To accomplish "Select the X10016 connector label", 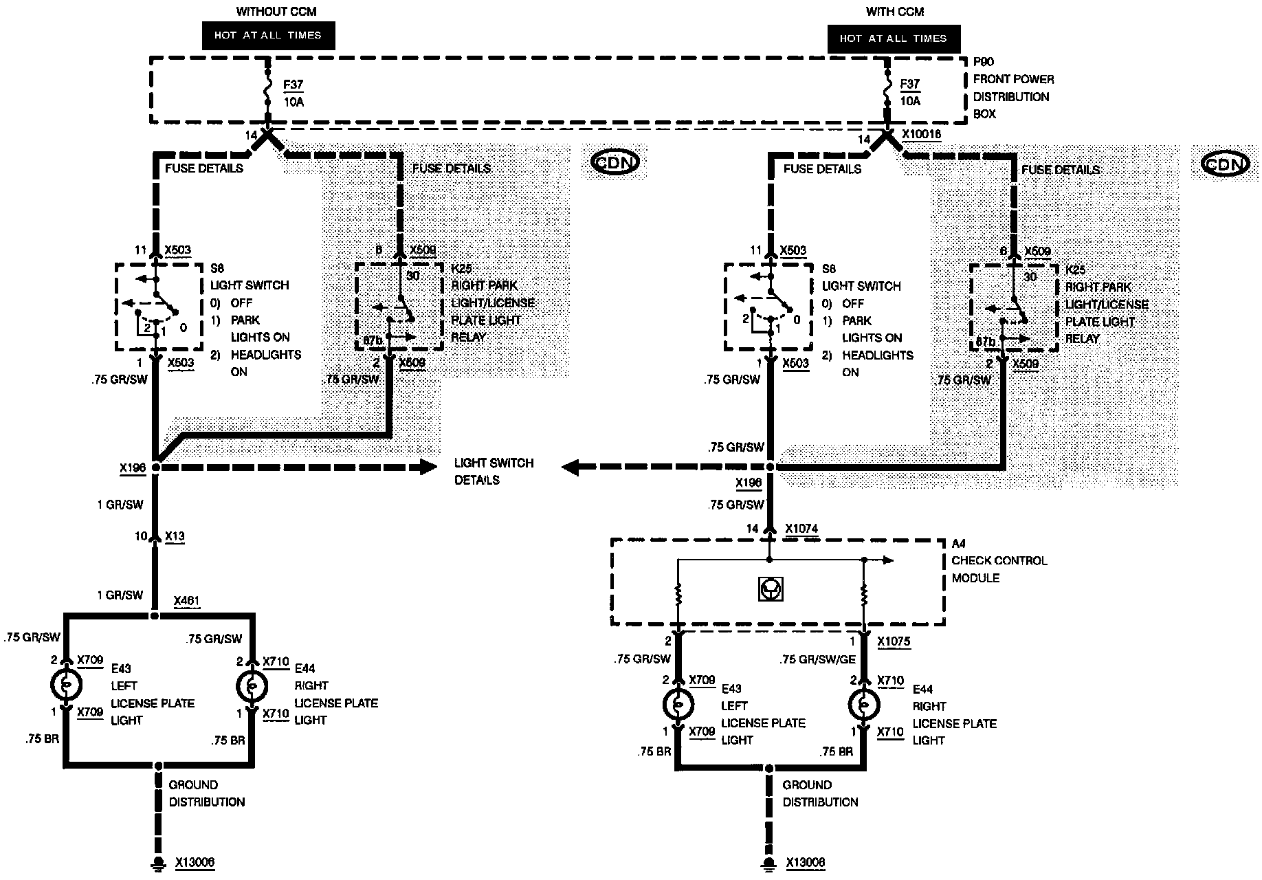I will click(x=922, y=135).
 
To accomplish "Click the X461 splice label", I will click(x=187, y=601).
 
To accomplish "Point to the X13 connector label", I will click(x=175, y=536).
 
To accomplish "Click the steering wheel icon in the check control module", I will click(x=771, y=588).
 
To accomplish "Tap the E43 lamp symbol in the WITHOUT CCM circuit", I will click(x=67, y=685).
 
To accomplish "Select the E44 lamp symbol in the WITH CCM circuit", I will click(x=864, y=705).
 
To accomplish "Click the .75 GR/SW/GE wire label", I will click(x=817, y=659).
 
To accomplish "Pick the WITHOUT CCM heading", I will click(x=267, y=12).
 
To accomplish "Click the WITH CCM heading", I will click(x=895, y=12).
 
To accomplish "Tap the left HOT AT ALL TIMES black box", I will click(x=268, y=35).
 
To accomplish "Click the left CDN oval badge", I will click(x=615, y=162).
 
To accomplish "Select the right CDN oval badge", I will click(x=1226, y=164).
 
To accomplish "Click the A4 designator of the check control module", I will click(x=958, y=543).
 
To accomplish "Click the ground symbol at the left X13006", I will click(x=158, y=863).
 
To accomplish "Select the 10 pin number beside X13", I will click(x=141, y=536).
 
